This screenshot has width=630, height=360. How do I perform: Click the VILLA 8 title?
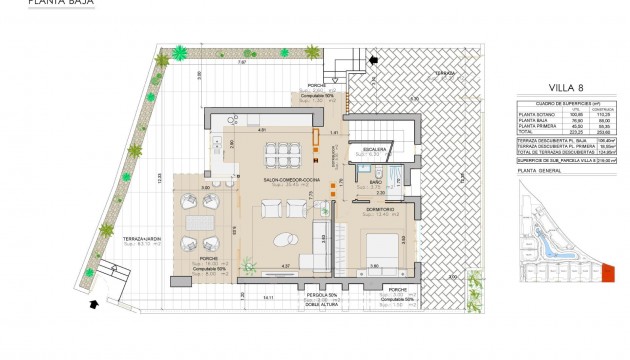click(566, 87)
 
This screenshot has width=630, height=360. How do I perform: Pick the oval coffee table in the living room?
click(283, 238)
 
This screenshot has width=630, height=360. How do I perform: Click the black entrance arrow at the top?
click(374, 62)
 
